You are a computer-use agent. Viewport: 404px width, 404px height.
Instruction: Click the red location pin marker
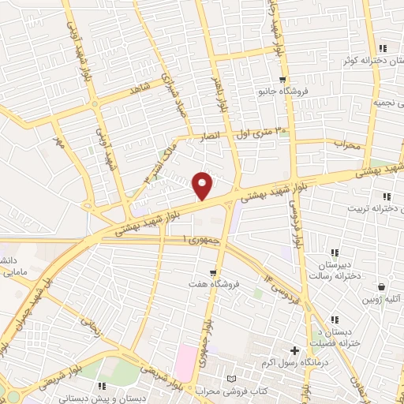[x=203, y=185]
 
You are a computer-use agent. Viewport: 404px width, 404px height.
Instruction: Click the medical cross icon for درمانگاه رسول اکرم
[x=295, y=350]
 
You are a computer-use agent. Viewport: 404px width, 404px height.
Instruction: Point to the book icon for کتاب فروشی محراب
[x=231, y=380]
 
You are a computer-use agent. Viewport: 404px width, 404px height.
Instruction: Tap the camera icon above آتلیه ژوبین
[x=383, y=287]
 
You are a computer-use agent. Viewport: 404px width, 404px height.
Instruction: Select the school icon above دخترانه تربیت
[x=386, y=196]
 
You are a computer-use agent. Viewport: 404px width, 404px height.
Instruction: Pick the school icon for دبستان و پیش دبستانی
[x=101, y=385]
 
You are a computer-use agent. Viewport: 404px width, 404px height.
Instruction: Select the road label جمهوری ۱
[x=200, y=239]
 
